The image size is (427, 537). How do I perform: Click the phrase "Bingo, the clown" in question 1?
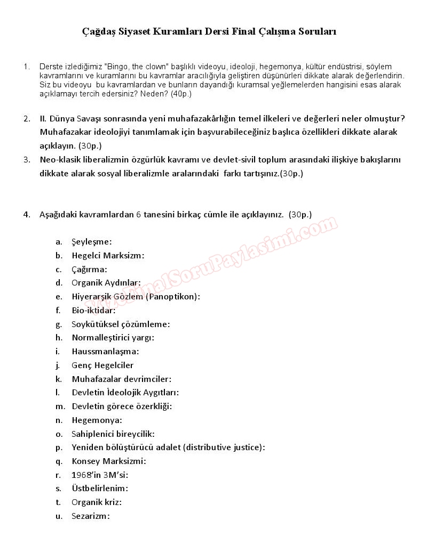(x=137, y=67)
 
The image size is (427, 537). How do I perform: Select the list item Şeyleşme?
(x=91, y=241)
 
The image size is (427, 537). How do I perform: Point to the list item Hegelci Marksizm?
(x=107, y=255)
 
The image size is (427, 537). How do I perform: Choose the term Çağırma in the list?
(x=89, y=269)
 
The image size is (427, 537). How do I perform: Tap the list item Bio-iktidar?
(x=93, y=310)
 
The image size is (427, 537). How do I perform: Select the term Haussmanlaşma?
(x=105, y=352)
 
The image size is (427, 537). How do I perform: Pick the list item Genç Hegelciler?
(x=102, y=365)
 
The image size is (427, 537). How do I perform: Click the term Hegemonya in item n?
(x=96, y=420)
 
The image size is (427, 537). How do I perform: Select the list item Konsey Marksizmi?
(x=108, y=461)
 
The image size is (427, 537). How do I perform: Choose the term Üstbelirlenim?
(x=99, y=489)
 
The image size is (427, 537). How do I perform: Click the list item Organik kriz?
(x=96, y=502)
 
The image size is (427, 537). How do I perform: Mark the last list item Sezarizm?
(x=90, y=516)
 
